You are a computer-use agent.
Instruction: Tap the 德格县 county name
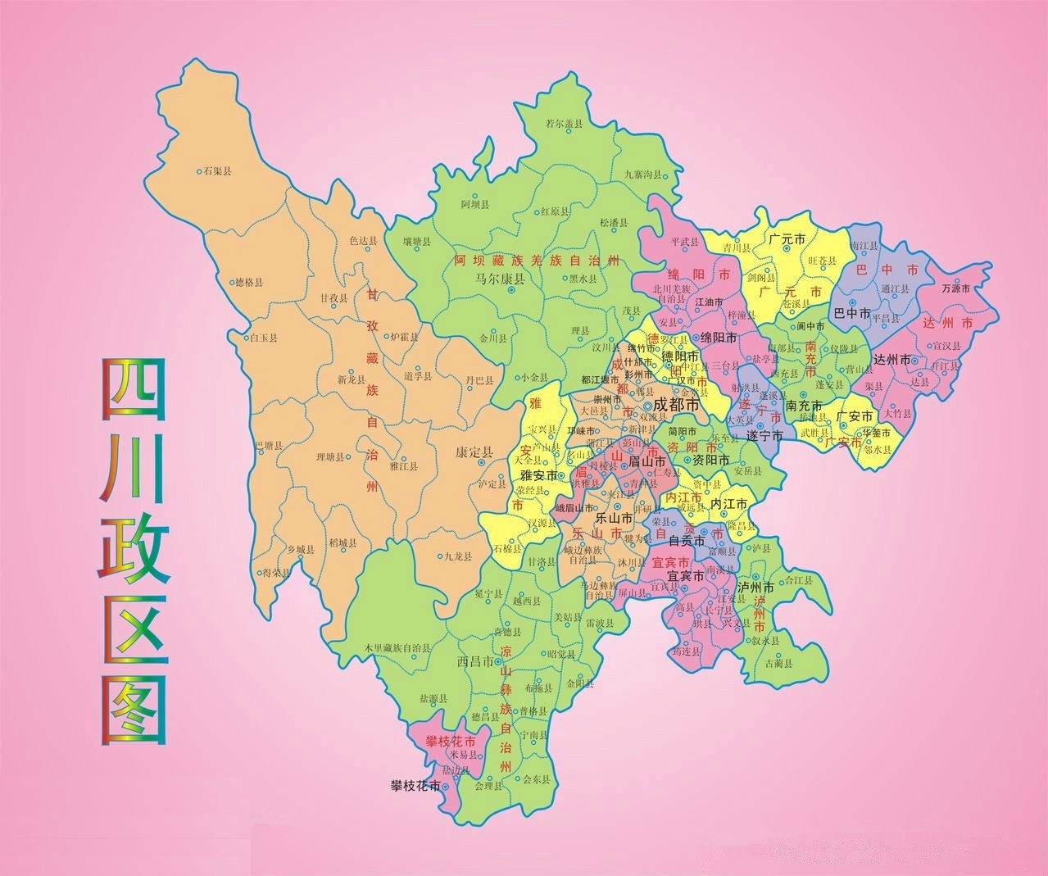(x=250, y=283)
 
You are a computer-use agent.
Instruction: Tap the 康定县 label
(x=474, y=452)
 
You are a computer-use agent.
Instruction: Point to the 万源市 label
(x=956, y=288)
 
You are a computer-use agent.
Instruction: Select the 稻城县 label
(x=342, y=542)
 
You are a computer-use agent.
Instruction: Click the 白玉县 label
(x=264, y=338)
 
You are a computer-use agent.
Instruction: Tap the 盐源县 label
(x=433, y=699)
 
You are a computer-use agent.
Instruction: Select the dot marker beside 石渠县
(x=199, y=172)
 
